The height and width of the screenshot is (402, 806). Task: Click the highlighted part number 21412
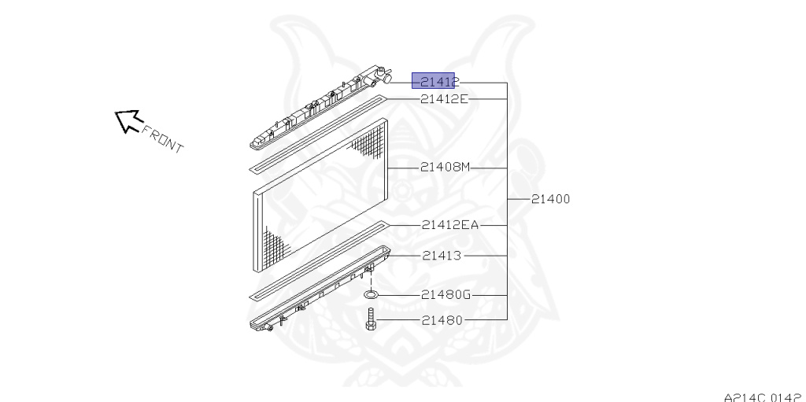tap(434, 81)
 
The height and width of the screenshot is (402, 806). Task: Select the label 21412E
tap(445, 98)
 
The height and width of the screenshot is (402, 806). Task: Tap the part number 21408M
tap(446, 168)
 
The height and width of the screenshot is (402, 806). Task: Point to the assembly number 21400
tap(550, 199)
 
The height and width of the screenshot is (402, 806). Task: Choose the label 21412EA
tap(450, 225)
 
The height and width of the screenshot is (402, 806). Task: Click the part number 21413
tap(442, 256)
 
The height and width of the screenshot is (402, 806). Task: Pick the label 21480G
tap(446, 295)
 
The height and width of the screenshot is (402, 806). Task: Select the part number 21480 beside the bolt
tap(442, 320)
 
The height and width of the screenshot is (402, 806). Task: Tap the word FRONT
tap(162, 139)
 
